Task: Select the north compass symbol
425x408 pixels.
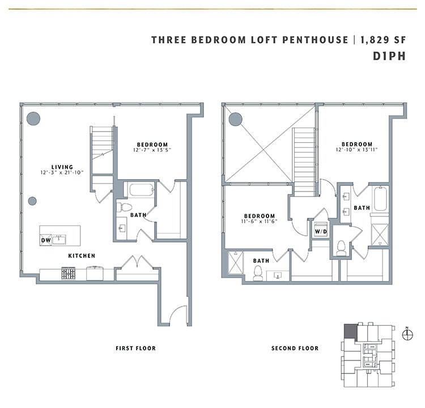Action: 407,334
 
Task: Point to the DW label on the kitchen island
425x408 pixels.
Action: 45,241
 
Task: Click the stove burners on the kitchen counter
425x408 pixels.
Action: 69,274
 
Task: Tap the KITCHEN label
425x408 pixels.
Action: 82,256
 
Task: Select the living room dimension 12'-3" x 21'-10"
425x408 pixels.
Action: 62,172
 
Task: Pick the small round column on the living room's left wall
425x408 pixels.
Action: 32,201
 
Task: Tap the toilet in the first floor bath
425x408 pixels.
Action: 124,207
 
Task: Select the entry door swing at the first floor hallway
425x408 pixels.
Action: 179,315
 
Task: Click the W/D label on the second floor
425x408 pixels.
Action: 321,231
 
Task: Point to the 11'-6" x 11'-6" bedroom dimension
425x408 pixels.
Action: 260,222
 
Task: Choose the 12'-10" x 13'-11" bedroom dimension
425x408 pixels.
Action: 356,150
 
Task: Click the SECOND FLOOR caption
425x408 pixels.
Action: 295,348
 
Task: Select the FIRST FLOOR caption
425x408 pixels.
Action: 135,348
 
